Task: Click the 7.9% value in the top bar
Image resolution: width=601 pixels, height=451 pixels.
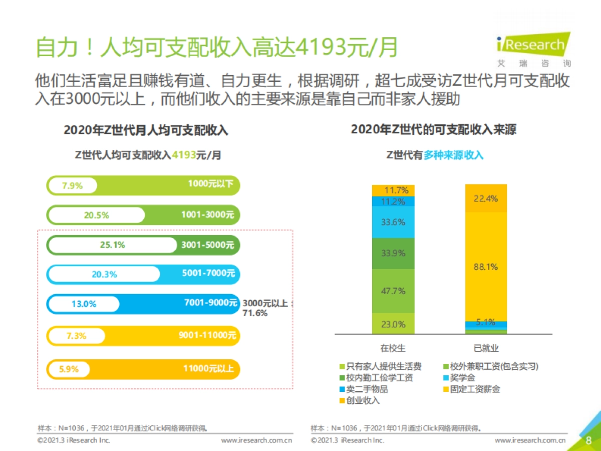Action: (72, 186)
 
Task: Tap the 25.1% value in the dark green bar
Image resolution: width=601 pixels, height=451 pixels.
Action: (112, 245)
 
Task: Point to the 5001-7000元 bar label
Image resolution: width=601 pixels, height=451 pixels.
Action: (208, 274)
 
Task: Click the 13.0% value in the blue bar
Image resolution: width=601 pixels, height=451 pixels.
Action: (84, 304)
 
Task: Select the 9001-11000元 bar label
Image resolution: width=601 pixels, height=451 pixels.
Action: (206, 335)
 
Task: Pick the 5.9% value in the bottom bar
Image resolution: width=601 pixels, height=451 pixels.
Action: (69, 369)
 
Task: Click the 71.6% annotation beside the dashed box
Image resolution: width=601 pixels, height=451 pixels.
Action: (255, 313)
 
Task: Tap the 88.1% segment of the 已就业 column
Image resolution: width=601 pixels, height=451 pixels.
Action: (486, 267)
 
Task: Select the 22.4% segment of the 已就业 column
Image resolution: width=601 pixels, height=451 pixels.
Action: (486, 198)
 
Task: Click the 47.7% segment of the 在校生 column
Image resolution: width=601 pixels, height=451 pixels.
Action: (393, 291)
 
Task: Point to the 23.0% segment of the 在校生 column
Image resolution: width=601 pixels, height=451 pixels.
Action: (393, 324)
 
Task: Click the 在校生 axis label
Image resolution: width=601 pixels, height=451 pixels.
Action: (393, 348)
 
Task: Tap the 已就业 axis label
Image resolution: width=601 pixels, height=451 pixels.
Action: (486, 348)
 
